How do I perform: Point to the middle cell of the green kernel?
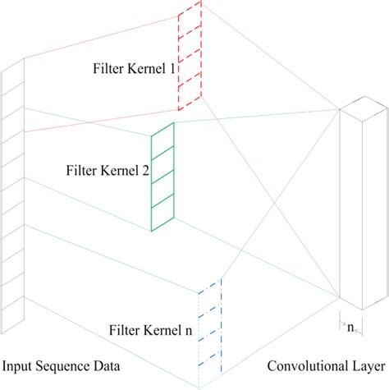162,177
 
